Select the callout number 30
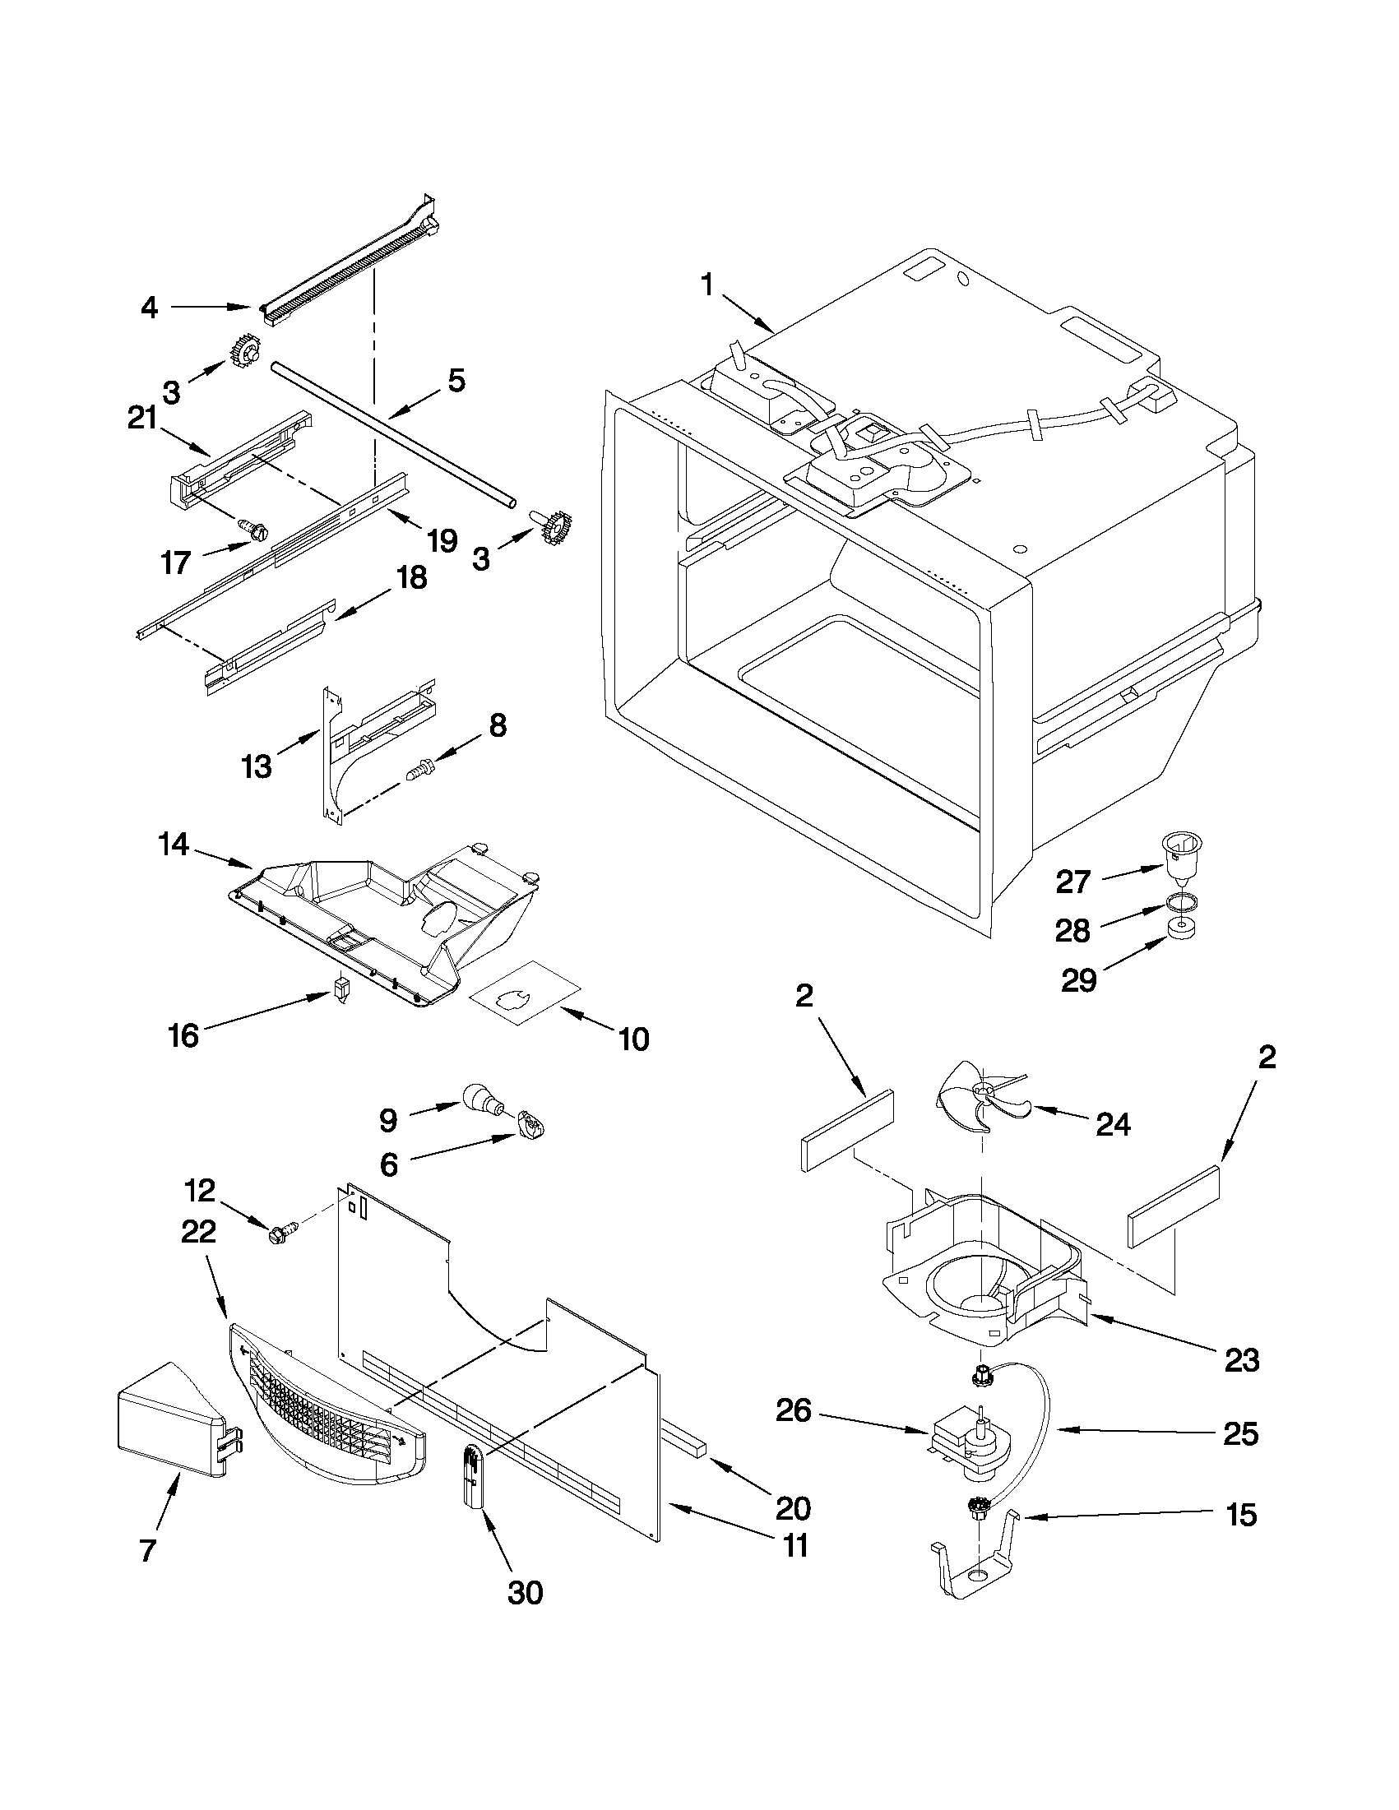coord(525,1593)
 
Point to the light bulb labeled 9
coord(479,1099)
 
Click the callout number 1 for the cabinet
coord(707,286)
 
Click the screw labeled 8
coord(420,771)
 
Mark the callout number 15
coord(1242,1515)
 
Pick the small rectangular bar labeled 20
coord(683,1443)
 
